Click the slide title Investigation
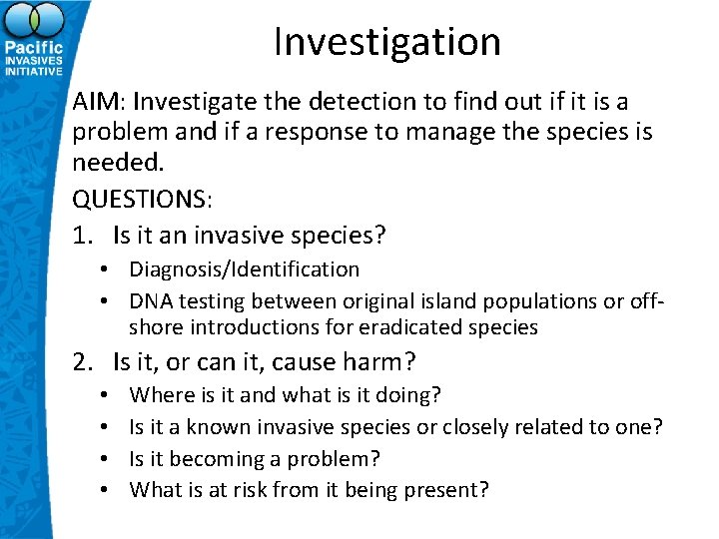[386, 42]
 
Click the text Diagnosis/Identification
[244, 269]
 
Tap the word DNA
[150, 301]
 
